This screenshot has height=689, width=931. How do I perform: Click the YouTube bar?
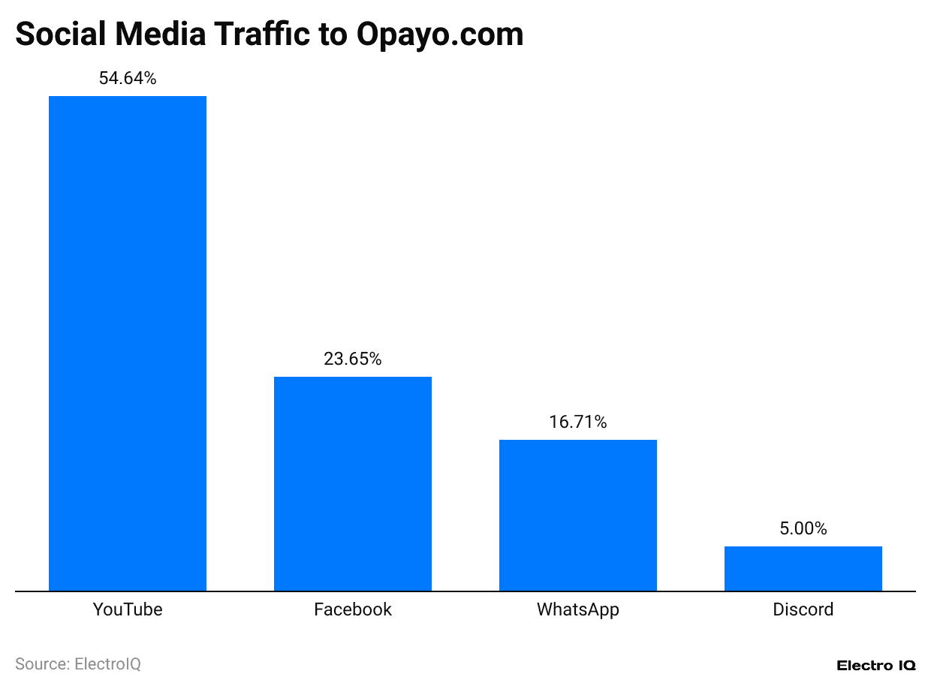point(128,343)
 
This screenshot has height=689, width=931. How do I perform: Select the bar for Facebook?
point(353,483)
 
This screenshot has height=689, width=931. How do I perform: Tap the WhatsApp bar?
point(578,515)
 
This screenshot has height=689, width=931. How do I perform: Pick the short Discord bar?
point(803,568)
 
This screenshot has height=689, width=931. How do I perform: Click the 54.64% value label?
point(128,78)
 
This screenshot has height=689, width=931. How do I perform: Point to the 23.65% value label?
point(353,359)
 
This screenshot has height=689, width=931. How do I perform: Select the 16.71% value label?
point(578,422)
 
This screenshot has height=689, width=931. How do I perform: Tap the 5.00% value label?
point(803,528)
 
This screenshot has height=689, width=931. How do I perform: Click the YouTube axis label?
point(128,609)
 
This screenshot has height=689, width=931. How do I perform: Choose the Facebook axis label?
point(353,609)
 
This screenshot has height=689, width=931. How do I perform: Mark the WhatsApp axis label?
point(578,609)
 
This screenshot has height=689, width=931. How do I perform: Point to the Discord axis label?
point(803,609)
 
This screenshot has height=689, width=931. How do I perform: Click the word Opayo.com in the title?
point(440,35)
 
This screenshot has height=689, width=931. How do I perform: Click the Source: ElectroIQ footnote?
point(78,664)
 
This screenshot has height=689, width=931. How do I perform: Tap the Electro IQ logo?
point(876,666)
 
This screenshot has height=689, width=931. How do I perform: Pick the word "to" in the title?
point(336,34)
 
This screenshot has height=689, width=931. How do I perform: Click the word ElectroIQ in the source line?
point(107,664)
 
